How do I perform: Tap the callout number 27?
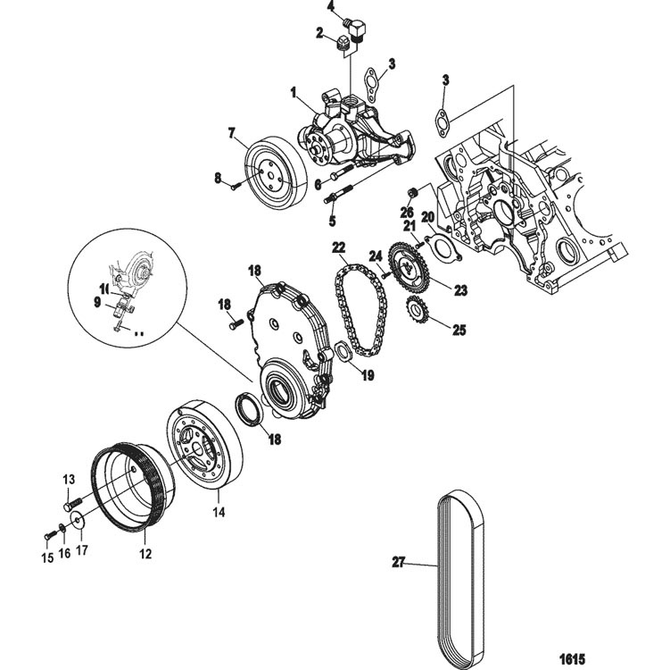[x=399, y=563]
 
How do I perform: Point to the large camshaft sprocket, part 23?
[x=409, y=265]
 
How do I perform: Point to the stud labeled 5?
[x=342, y=194]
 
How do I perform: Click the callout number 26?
[x=407, y=212]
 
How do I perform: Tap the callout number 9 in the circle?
[x=98, y=302]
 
